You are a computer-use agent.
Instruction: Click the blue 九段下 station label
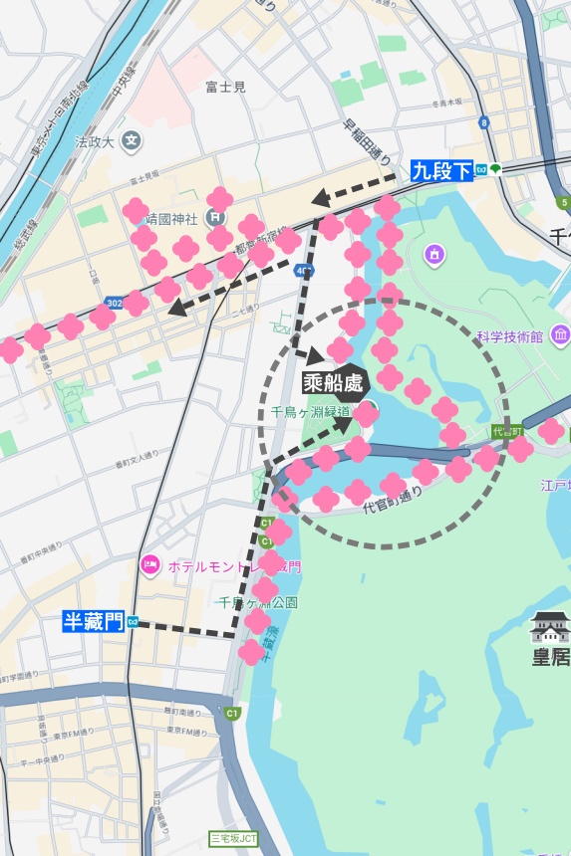coord(441,170)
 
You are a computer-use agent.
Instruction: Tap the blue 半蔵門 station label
coord(93,622)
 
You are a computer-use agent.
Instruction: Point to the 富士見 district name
coord(225,88)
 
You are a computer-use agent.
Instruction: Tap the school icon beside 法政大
coord(131,140)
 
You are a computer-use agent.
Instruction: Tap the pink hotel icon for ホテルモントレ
coord(150,565)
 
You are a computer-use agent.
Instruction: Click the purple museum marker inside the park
coord(433,256)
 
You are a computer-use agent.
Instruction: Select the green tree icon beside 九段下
coord(496,170)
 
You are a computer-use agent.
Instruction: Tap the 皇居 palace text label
coord(550,658)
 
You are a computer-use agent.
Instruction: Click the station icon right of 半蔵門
coord(133,623)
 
